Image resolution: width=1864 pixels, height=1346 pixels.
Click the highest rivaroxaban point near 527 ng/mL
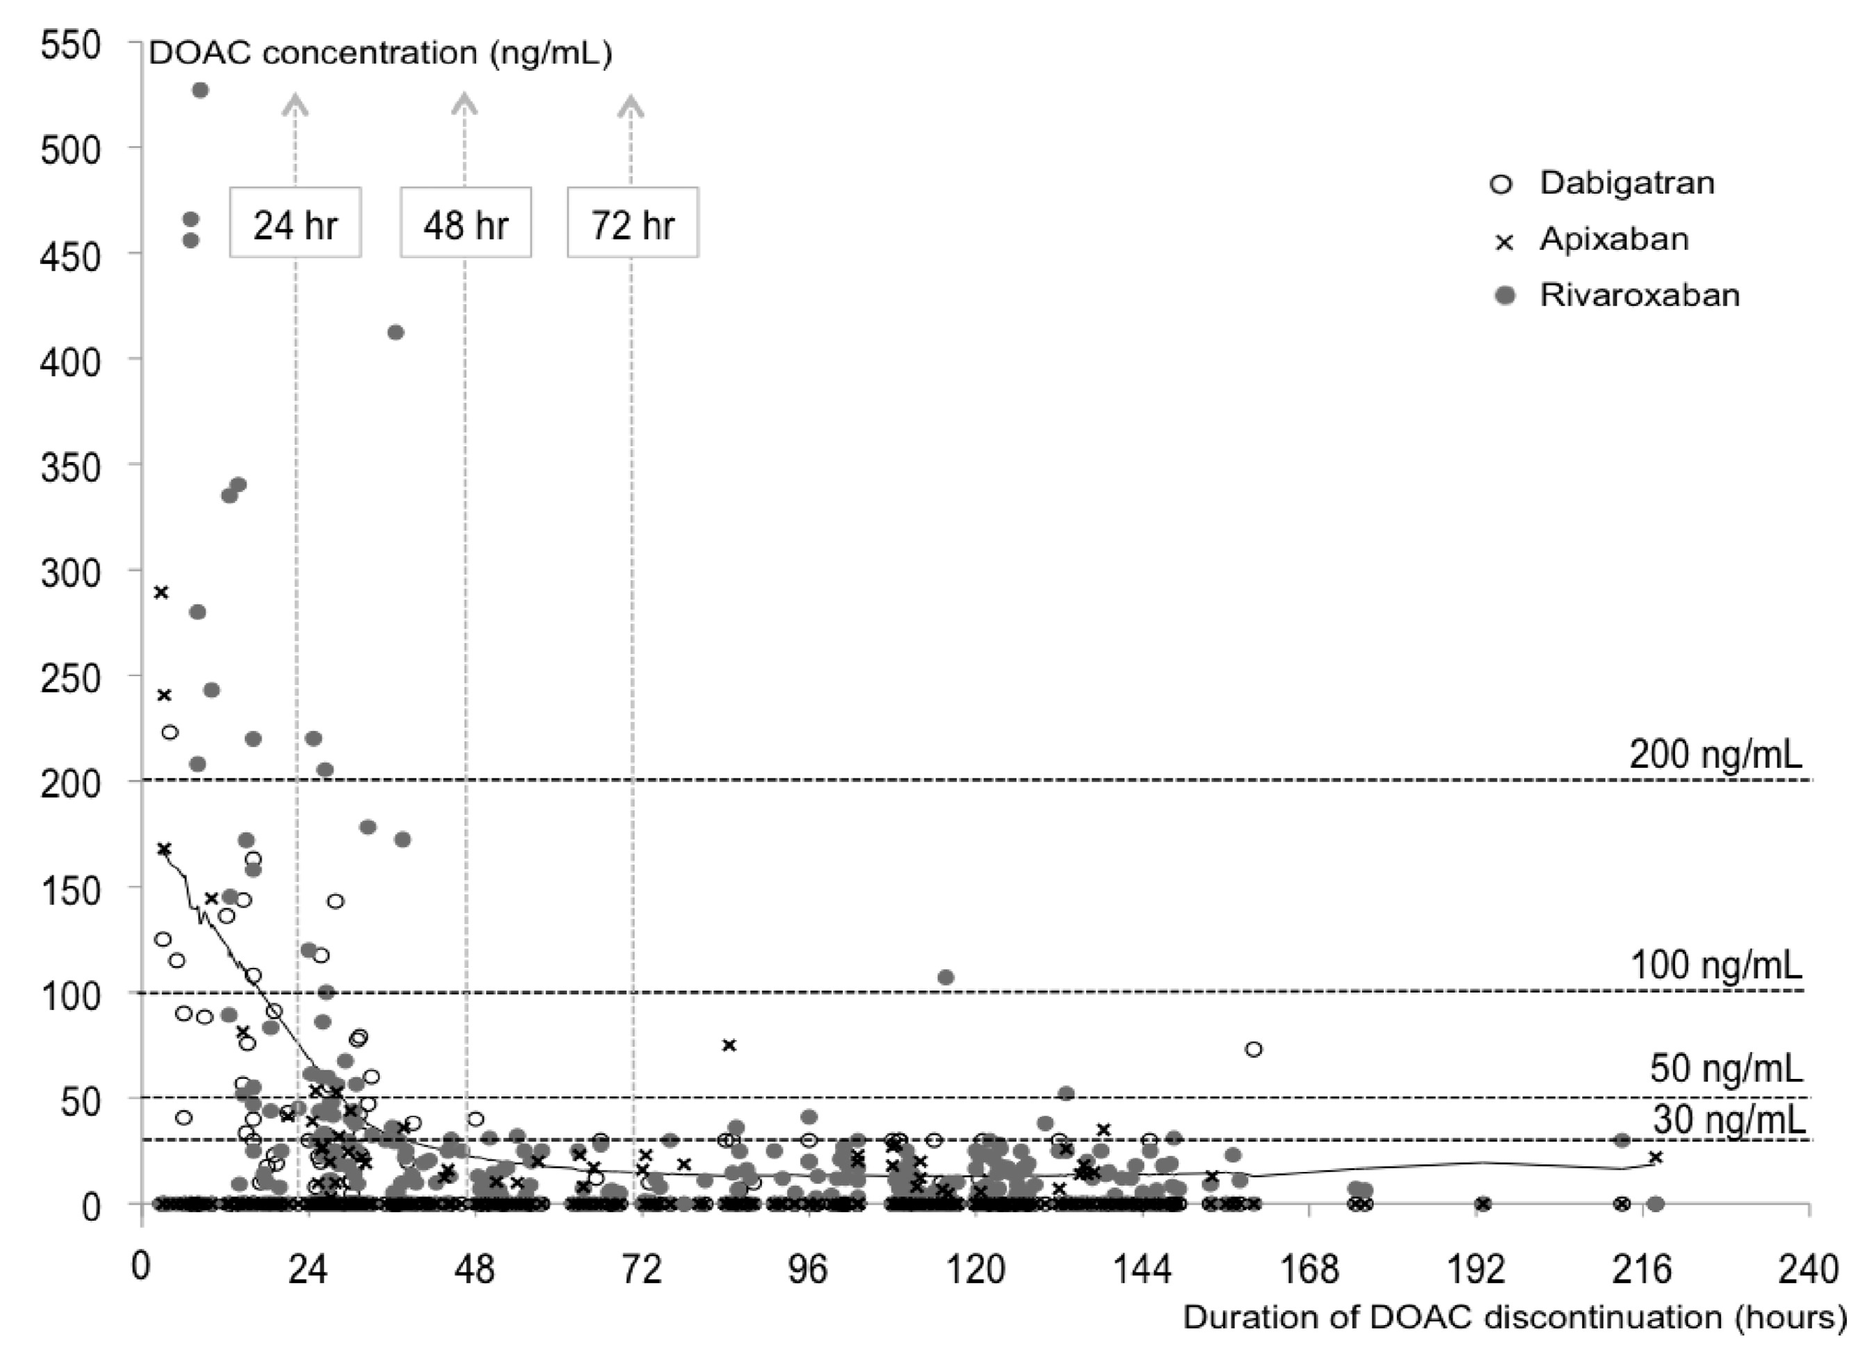[x=199, y=90]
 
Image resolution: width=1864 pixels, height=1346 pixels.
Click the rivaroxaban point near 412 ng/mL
[x=395, y=332]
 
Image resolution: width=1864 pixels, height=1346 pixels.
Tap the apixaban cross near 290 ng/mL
[x=162, y=592]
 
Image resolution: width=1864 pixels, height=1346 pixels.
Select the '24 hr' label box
[x=295, y=224]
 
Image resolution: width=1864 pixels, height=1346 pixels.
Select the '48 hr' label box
[x=466, y=224]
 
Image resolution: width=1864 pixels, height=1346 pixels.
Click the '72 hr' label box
[x=633, y=224]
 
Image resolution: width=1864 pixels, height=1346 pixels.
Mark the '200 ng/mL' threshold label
[x=1716, y=755]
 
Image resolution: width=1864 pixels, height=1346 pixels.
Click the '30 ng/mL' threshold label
[x=1728, y=1119]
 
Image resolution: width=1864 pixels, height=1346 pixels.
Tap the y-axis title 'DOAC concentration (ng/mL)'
[x=380, y=53]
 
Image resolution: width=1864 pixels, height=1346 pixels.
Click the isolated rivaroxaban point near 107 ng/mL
[x=946, y=977]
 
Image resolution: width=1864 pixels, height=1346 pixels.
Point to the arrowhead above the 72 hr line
[x=631, y=104]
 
